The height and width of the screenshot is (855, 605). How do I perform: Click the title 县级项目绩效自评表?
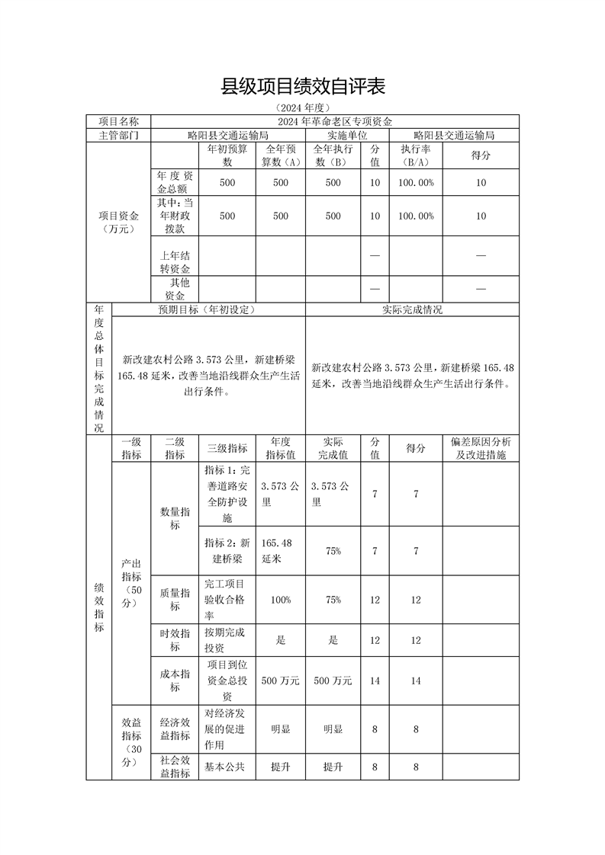point(303,86)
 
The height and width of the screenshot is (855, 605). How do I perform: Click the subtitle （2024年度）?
point(303,107)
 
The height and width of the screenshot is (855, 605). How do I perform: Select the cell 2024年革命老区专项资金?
point(335,121)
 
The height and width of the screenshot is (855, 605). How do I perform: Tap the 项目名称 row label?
point(118,121)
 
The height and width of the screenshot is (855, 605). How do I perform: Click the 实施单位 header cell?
point(333,135)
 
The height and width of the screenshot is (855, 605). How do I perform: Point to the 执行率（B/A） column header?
point(416,155)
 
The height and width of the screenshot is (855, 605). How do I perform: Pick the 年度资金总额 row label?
point(175,182)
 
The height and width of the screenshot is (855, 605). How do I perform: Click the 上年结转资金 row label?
point(175,261)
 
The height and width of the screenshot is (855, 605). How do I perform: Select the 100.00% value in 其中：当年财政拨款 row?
point(416,216)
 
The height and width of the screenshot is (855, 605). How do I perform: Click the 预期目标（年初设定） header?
point(208,309)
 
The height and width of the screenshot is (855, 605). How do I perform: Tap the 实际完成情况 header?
point(412,309)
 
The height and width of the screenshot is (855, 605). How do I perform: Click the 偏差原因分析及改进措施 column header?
point(481,448)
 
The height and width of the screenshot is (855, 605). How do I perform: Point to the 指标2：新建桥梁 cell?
point(227,550)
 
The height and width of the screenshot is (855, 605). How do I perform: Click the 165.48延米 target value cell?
point(280,550)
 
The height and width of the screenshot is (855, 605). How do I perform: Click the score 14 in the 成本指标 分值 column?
point(375,680)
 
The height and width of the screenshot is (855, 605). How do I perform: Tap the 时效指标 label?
point(175,640)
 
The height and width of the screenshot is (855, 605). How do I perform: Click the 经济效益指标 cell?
point(175,729)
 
